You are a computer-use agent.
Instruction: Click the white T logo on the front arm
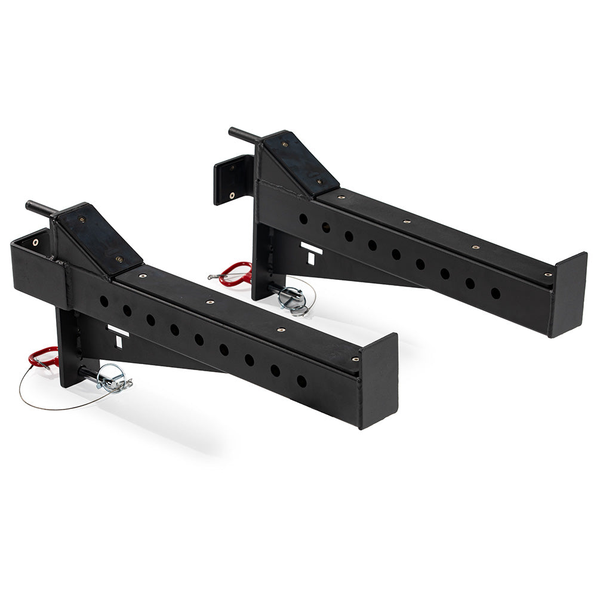118,336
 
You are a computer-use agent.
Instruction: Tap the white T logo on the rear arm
311,252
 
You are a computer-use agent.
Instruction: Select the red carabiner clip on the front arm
42,358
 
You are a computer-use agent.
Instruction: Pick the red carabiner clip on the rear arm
235,273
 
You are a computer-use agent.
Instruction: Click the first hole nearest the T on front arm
104,301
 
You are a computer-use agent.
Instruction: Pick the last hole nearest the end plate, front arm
301,381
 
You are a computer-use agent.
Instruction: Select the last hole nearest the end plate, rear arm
496,293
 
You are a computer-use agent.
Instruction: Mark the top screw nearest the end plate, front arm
355,359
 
